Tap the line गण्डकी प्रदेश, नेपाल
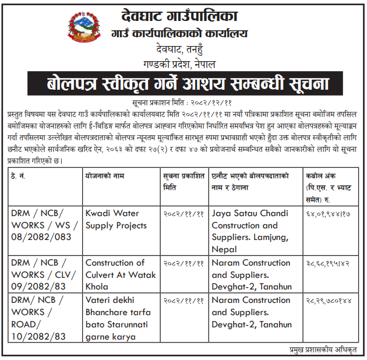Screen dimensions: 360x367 [x=184, y=62]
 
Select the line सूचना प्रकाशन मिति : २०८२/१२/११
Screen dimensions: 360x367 [x=184, y=101]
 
